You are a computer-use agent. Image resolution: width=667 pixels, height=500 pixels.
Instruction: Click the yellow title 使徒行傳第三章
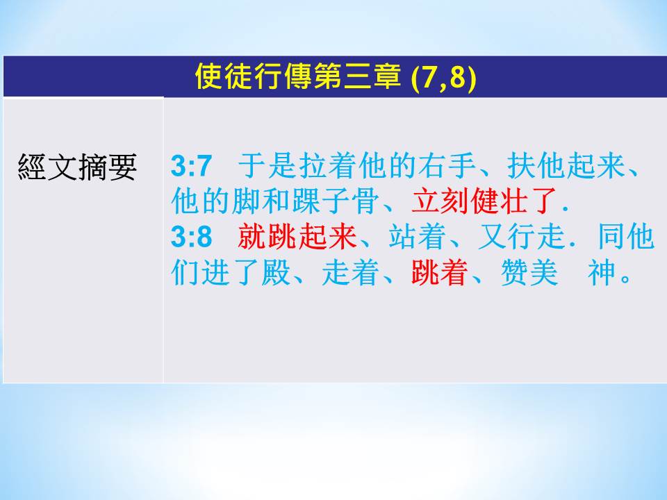298,77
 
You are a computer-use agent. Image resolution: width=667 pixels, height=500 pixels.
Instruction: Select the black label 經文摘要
77,167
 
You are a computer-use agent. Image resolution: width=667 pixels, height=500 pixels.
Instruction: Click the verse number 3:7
191,166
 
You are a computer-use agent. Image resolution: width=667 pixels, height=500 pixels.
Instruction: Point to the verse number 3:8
191,237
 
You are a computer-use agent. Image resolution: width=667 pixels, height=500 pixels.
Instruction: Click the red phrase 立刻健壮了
484,201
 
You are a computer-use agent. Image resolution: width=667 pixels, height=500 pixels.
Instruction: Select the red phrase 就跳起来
297,236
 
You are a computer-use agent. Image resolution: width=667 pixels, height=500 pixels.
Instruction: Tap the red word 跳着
440,272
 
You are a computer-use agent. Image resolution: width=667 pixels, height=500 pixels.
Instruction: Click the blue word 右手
447,165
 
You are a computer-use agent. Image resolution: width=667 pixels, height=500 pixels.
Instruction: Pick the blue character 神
602,272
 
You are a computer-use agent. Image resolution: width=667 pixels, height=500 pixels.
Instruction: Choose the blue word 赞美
529,272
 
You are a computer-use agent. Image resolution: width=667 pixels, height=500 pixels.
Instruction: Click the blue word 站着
418,236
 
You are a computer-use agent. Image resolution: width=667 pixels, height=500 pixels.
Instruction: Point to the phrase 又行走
522,236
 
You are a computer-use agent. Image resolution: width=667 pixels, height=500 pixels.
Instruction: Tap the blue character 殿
276,272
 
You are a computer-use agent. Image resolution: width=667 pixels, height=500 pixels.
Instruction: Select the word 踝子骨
335,201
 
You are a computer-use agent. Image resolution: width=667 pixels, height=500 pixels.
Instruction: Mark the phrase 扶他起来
566,165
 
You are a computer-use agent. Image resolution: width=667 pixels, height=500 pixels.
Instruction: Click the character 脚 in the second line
246,201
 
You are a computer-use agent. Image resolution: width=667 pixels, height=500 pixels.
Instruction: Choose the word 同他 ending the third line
626,236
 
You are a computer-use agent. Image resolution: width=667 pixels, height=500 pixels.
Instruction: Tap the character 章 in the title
387,77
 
